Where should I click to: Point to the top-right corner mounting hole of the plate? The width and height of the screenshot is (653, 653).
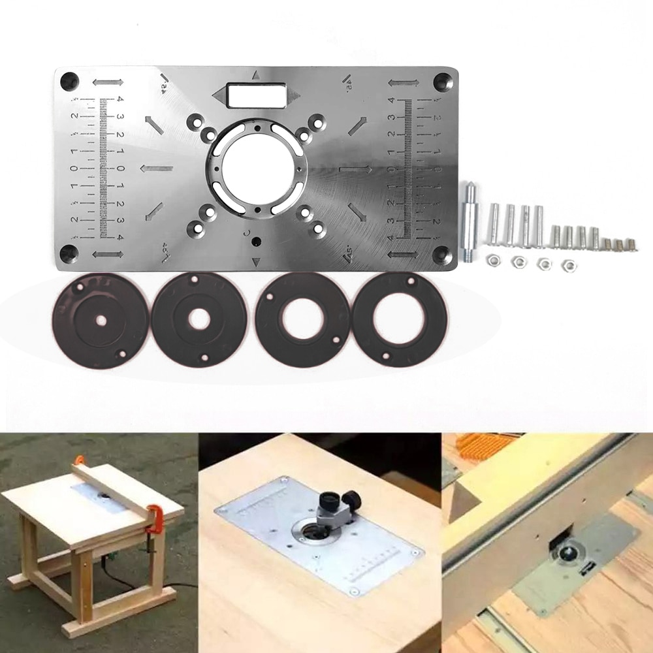point(444,81)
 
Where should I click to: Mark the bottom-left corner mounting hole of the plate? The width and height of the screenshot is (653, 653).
point(69,252)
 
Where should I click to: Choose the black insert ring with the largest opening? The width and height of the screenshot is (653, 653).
point(399,319)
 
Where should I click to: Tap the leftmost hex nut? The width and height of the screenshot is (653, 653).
point(493,261)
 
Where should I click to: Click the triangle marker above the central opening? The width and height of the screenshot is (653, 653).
point(257,75)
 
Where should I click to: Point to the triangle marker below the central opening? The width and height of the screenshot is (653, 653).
point(256,263)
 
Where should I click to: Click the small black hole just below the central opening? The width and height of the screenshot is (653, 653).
point(256,241)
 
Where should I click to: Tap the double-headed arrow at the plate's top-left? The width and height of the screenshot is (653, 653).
point(108,82)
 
